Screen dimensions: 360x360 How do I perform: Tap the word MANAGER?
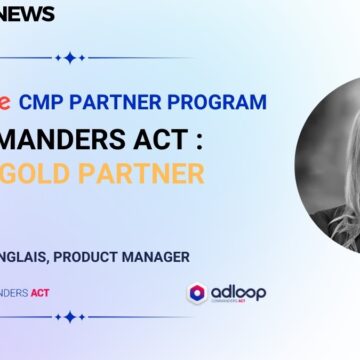(163, 258)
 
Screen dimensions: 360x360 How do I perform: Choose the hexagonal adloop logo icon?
(197, 293)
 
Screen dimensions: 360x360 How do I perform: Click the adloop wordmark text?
(238, 291)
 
